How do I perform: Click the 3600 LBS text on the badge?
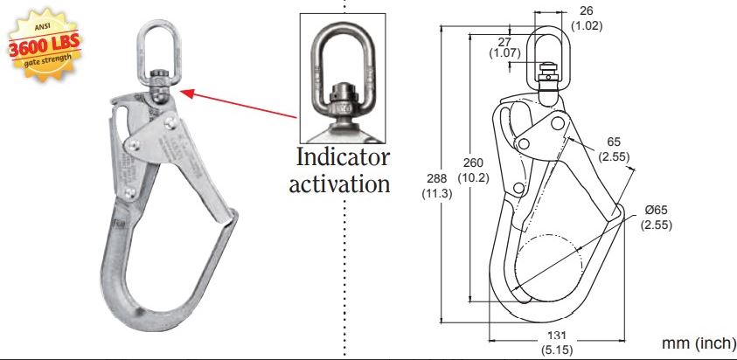click(39, 46)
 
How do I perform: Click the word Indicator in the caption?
click(343, 158)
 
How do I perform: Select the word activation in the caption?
click(339, 183)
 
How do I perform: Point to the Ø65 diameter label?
click(656, 211)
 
